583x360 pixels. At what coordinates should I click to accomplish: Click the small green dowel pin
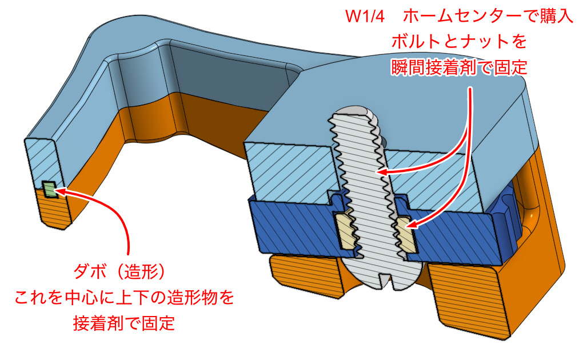tap(50, 189)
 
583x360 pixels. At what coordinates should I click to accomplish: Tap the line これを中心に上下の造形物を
tap(125, 297)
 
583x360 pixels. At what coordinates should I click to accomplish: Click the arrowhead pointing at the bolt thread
tap(382, 171)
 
